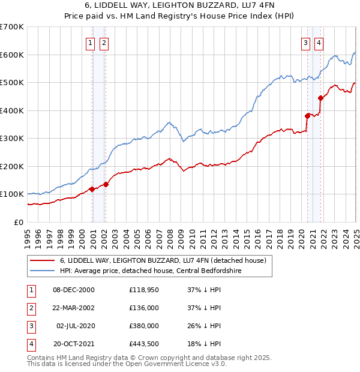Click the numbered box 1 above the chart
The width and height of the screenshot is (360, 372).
[x=90, y=43]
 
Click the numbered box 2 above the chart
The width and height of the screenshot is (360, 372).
[x=104, y=43]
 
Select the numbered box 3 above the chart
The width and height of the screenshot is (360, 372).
[x=305, y=43]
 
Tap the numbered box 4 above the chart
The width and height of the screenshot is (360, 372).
[x=319, y=43]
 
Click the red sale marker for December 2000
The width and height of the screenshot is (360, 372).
[x=92, y=189]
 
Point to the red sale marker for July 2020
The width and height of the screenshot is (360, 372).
[x=307, y=116]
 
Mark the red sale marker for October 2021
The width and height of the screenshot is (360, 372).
[x=321, y=98]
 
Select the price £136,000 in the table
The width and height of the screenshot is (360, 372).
[x=144, y=308]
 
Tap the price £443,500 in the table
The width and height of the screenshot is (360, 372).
[x=144, y=344]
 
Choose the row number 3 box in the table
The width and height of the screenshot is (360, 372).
[x=30, y=326]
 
